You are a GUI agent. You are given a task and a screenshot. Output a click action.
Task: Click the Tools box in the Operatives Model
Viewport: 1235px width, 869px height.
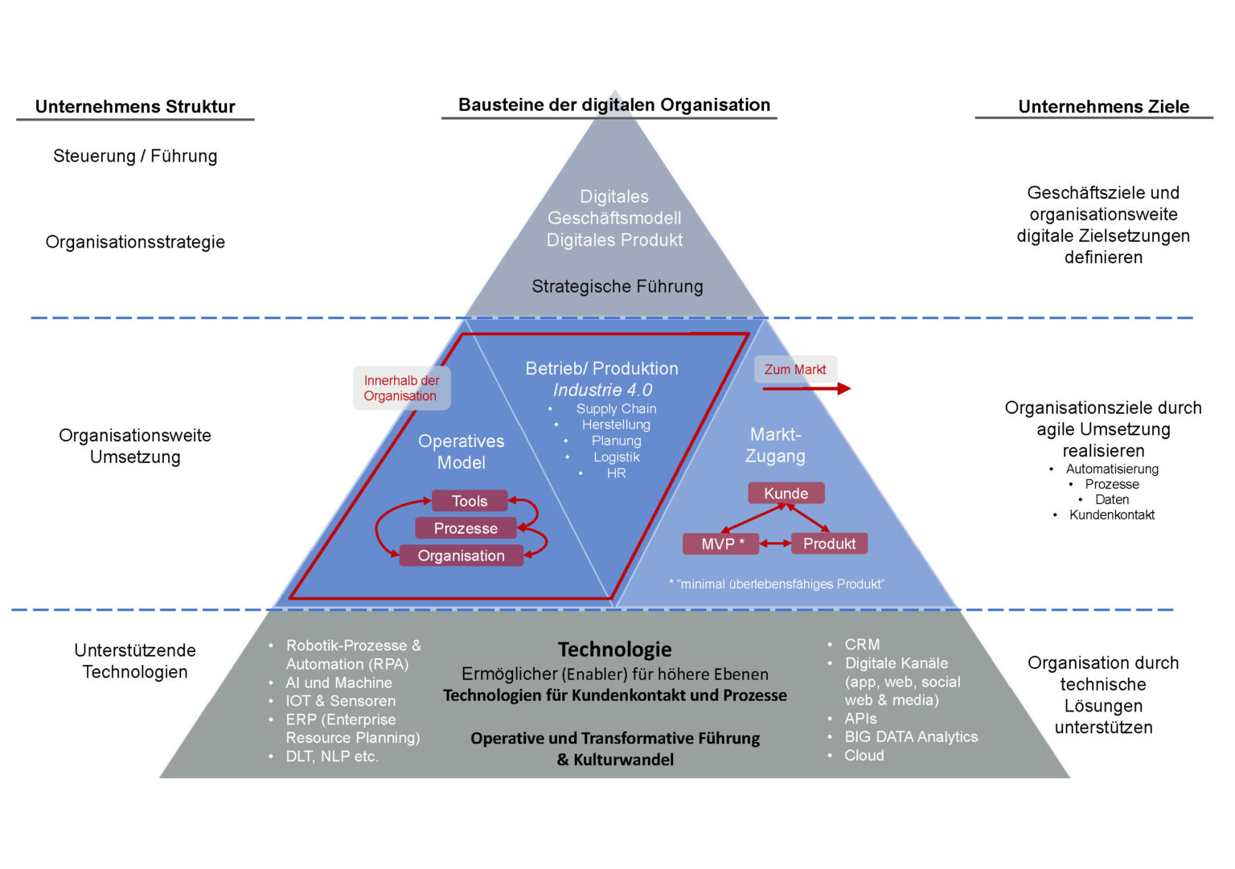(x=470, y=501)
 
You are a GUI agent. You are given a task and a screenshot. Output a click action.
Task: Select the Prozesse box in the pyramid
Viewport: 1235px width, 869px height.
(x=466, y=528)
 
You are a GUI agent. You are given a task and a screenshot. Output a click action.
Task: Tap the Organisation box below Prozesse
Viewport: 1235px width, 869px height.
(x=461, y=555)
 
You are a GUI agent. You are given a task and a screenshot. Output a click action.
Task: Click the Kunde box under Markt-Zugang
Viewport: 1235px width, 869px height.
(x=786, y=493)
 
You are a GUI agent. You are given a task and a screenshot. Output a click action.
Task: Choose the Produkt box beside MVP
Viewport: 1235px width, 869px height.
(x=829, y=544)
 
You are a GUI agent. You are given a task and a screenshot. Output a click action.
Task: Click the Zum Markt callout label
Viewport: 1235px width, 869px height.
(x=795, y=370)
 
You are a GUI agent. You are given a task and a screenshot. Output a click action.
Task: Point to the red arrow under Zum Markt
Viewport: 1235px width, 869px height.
(x=806, y=389)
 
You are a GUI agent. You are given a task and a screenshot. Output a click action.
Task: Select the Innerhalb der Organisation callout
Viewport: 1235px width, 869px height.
(x=401, y=388)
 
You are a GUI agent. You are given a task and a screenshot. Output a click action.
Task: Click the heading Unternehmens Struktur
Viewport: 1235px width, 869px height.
(x=135, y=107)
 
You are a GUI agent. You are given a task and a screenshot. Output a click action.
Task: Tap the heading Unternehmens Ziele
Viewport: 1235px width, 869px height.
(x=1103, y=107)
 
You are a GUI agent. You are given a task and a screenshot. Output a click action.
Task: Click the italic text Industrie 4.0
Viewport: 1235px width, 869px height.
(x=602, y=390)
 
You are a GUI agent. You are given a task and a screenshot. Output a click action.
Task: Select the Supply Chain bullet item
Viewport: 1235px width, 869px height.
(x=616, y=408)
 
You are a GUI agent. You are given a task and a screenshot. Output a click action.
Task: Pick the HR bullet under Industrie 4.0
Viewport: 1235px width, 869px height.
(x=616, y=473)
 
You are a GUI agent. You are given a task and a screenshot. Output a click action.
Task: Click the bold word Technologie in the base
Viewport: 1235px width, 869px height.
(x=614, y=650)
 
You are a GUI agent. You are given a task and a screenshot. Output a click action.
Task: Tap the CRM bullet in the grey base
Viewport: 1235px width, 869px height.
(x=862, y=645)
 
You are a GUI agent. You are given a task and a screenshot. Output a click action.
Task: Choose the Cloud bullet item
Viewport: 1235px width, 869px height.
(x=864, y=756)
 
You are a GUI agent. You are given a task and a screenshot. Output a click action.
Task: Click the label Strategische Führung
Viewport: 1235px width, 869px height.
(x=617, y=286)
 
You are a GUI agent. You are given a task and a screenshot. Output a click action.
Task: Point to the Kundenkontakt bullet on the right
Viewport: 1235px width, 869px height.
(x=1111, y=515)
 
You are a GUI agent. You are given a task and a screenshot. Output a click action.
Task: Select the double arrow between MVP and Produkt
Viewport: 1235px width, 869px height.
(x=775, y=544)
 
